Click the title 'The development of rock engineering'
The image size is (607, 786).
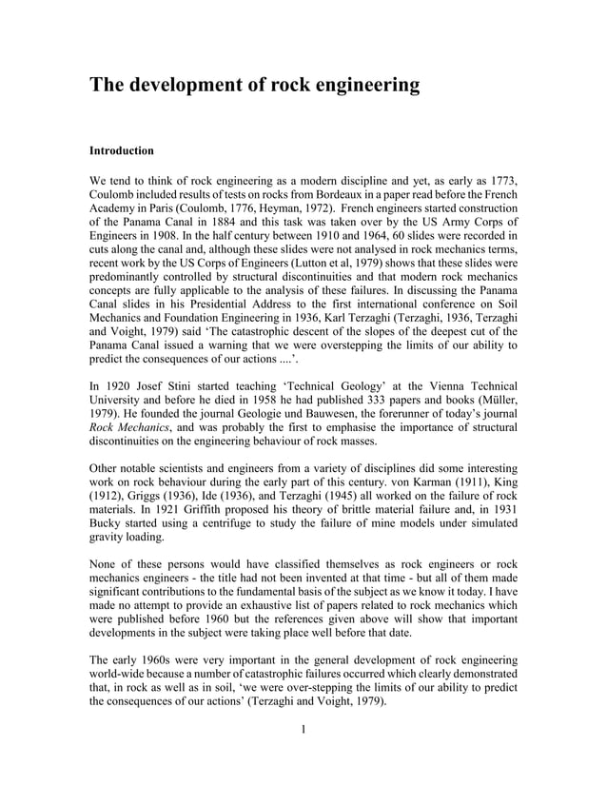[254, 85]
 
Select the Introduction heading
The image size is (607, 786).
[121, 150]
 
